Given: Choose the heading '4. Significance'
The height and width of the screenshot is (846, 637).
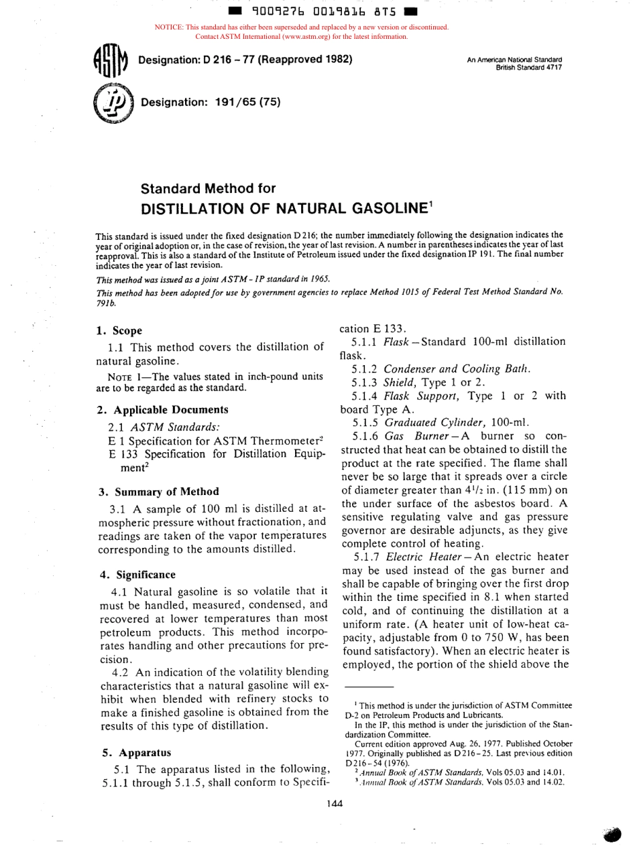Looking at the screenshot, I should pos(136,574).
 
